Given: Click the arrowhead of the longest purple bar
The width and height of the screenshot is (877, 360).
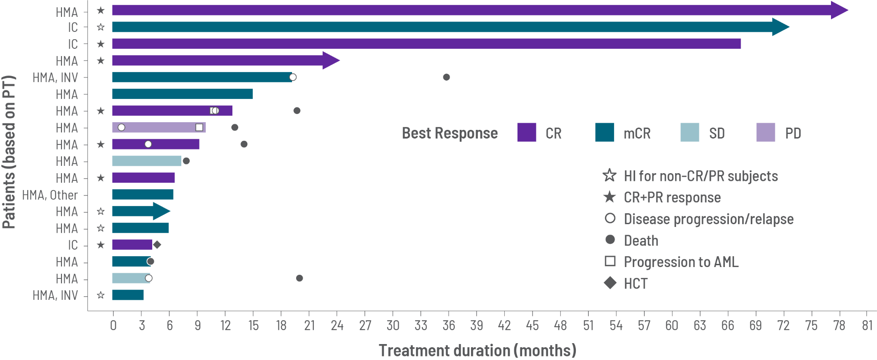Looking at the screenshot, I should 839,10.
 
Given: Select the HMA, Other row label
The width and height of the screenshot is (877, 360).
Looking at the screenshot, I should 50,195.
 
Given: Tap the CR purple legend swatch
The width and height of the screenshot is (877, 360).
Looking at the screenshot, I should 527,133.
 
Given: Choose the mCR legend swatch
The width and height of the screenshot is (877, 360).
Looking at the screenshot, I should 604,133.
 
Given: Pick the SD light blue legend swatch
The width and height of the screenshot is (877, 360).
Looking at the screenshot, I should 689,133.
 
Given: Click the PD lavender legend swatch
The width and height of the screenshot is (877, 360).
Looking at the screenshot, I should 765,133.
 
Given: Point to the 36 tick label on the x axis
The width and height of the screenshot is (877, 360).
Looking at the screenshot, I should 449,325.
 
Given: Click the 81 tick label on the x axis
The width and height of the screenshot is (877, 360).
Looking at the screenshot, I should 867,325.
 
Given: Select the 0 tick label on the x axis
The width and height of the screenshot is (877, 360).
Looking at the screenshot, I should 113,325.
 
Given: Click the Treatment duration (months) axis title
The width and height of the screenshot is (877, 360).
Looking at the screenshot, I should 477,350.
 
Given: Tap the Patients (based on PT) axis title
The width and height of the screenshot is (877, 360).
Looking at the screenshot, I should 9,152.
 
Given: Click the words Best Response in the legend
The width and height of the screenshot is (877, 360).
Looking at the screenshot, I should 450,133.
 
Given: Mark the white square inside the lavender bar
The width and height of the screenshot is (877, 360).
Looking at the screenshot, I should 199,128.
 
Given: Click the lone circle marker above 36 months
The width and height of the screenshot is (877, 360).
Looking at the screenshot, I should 446,77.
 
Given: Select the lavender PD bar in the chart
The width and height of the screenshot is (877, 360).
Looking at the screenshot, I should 159,128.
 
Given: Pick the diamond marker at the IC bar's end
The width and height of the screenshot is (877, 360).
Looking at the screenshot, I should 157,245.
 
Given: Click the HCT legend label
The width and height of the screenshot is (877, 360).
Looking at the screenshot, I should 636,283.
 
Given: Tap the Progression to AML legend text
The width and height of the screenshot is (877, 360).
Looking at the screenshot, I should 681,262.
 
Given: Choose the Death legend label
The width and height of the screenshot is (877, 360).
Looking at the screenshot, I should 641,241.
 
